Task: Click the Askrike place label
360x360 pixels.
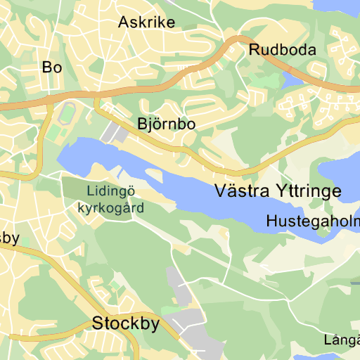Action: (x=146, y=22)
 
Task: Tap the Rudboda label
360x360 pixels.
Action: (x=283, y=50)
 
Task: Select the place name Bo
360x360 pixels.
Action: (x=52, y=67)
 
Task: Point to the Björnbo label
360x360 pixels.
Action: (x=166, y=124)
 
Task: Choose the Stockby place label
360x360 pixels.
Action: (x=126, y=324)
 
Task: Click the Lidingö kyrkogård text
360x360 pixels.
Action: (x=110, y=199)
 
